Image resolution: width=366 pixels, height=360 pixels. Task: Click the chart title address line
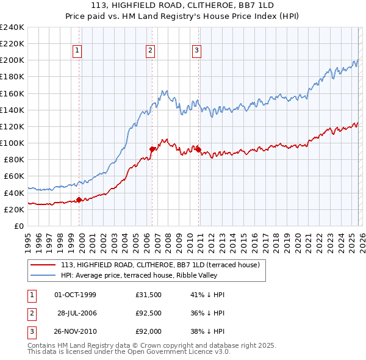pos(182,6)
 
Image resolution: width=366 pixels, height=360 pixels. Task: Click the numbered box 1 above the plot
pos(79,51)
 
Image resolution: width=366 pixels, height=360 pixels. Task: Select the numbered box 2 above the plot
pos(150,51)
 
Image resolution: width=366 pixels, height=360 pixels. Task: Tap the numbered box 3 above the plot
pos(197,51)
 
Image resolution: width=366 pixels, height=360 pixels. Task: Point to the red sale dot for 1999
pos(79,200)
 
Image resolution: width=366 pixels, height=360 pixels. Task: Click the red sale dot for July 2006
pos(152,148)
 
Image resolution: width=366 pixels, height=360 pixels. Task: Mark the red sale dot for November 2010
pos(199,149)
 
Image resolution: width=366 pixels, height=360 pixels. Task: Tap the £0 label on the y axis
pos(18,226)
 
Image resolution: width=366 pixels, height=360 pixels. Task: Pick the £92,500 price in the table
pos(149,314)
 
